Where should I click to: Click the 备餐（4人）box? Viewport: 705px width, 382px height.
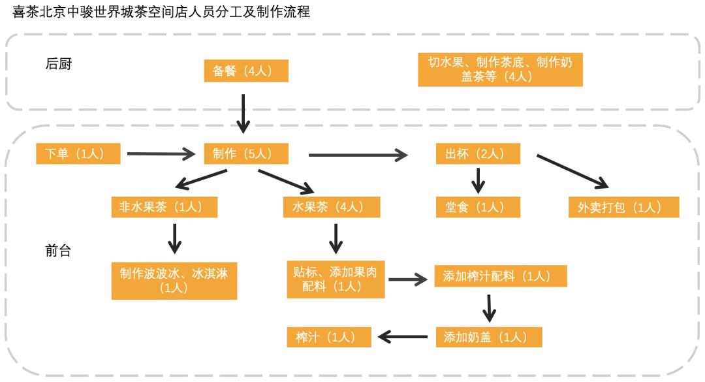click(246, 71)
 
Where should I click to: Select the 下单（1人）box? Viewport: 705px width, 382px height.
click(79, 154)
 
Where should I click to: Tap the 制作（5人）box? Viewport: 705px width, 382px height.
click(246, 154)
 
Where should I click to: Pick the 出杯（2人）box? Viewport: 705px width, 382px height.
click(478, 154)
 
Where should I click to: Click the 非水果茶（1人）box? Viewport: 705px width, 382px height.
click(164, 207)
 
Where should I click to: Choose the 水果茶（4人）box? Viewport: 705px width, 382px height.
click(332, 207)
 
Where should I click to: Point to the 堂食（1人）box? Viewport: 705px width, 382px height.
click(478, 207)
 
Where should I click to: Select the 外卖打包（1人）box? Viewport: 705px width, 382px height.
click(624, 207)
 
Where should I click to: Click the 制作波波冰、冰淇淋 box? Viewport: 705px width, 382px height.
click(174, 280)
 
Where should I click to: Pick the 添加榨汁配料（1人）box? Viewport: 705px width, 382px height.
click(501, 276)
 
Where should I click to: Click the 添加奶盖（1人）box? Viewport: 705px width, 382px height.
click(489, 337)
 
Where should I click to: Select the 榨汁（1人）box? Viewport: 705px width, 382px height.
click(329, 337)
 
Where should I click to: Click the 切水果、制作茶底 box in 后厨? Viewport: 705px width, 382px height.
click(500, 69)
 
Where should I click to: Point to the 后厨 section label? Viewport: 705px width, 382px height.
click(58, 64)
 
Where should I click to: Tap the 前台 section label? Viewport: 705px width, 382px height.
click(58, 251)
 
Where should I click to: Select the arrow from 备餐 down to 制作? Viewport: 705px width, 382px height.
click(243, 112)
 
